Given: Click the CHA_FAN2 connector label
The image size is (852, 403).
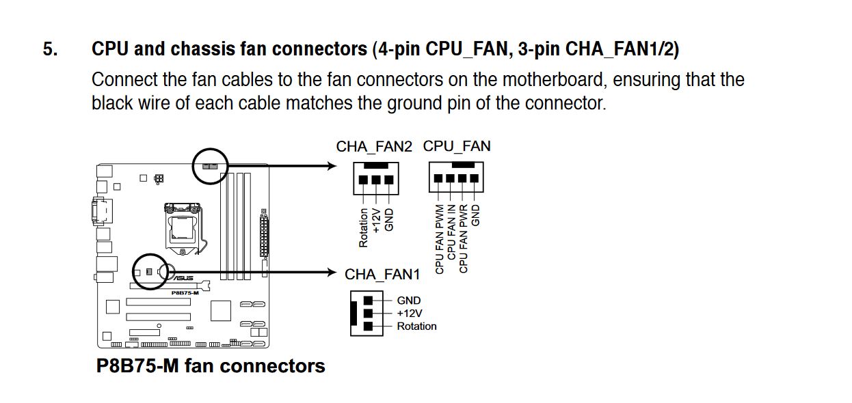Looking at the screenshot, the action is [374, 147].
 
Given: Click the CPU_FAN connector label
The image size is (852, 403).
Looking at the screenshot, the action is [457, 146].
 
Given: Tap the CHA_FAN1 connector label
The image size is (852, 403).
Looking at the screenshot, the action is [382, 274].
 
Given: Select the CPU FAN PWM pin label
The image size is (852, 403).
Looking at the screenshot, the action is [439, 239].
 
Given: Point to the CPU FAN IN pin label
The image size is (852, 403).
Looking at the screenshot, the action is [451, 232].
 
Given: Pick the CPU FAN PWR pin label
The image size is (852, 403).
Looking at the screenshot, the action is [463, 238].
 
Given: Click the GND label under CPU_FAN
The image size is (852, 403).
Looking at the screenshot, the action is [475, 215].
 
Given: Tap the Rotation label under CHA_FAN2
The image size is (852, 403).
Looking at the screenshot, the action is [364, 228].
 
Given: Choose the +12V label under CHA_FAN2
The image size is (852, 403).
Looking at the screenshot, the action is [376, 221].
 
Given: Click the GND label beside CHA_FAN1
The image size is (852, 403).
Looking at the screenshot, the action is [409, 301].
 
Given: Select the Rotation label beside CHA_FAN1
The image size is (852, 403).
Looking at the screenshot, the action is [417, 326].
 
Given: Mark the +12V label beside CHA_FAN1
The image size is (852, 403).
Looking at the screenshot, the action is [410, 314].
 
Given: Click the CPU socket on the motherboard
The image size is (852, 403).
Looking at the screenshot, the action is [183, 228].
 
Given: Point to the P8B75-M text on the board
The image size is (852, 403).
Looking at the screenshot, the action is [185, 293].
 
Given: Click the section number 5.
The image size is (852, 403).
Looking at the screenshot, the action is [50, 49].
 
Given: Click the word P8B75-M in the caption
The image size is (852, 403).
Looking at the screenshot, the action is [137, 366].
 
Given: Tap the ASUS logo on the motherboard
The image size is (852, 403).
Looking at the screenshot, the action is [183, 278].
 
